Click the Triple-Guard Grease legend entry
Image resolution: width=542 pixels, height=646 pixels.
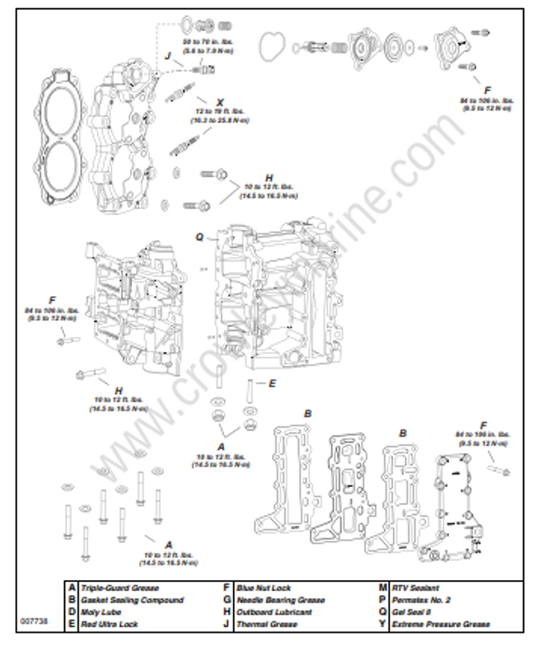[x=119, y=588]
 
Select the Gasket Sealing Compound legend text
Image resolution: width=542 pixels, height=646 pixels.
[x=132, y=600]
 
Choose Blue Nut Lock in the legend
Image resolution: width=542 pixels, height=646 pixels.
[x=263, y=588]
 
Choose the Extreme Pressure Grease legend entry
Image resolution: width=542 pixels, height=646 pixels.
[x=441, y=623]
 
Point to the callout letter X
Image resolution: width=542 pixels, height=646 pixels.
[x=220, y=102]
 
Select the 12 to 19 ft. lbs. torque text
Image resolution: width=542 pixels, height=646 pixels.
[x=220, y=113]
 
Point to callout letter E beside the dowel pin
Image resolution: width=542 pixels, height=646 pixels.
[x=271, y=383]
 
